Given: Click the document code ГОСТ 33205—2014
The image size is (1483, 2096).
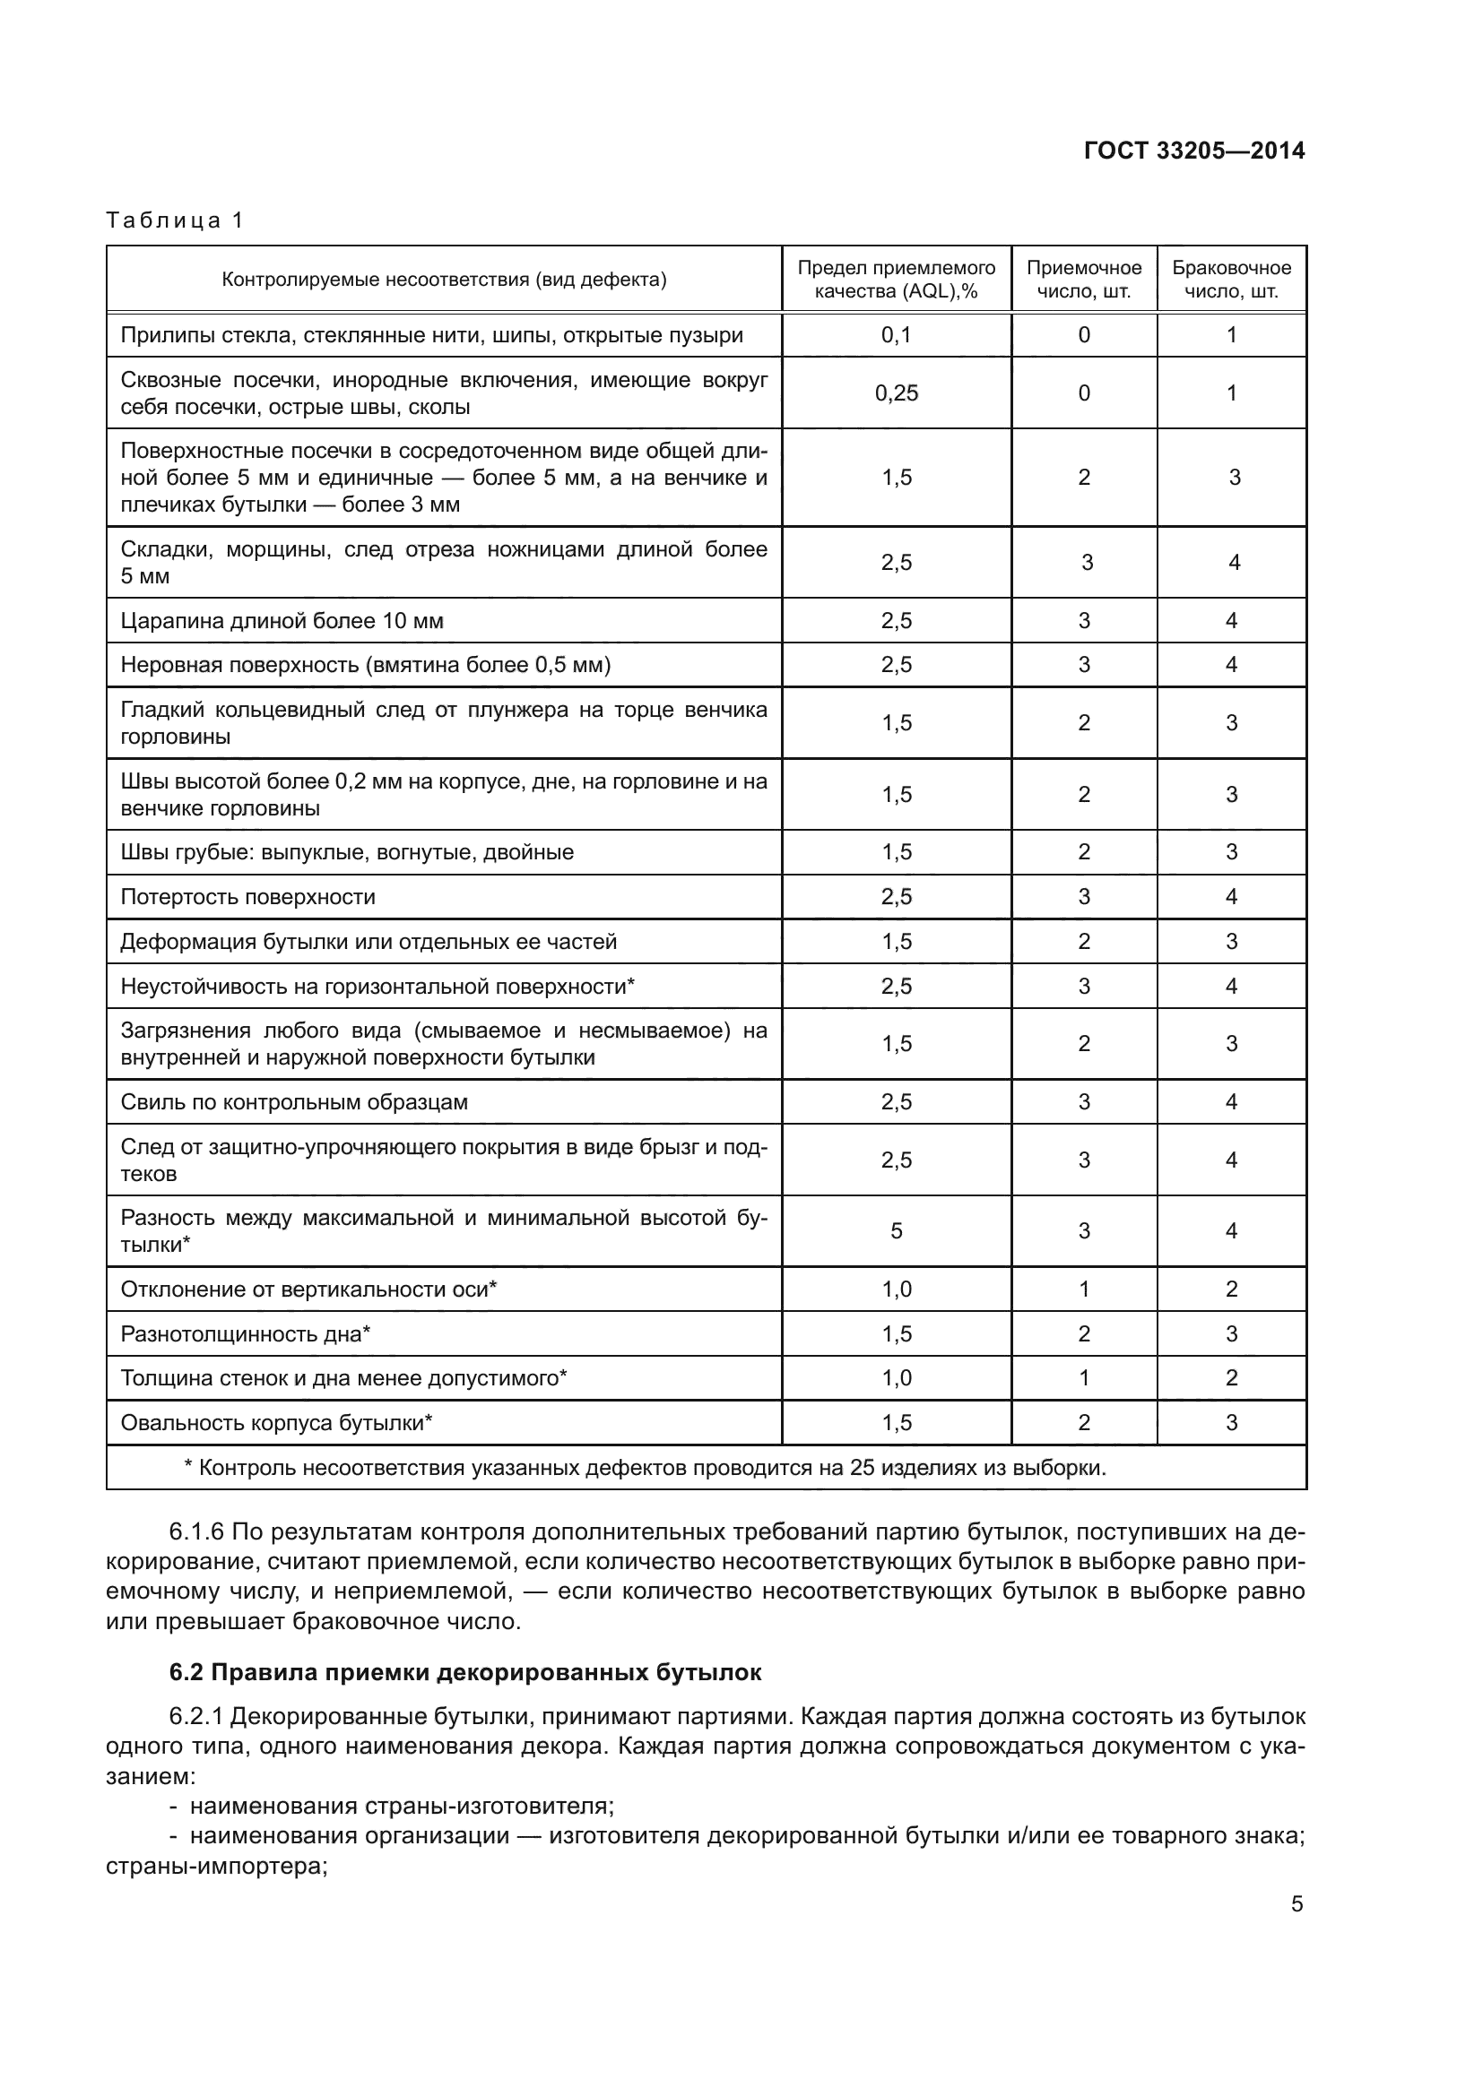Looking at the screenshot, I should (1193, 151).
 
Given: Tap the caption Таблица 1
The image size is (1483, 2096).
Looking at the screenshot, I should (175, 220).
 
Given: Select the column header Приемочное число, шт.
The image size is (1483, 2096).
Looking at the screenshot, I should (1083, 280).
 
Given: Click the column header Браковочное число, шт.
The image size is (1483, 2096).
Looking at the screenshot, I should (1231, 280).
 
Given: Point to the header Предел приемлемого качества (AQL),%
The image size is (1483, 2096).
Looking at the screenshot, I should (896, 280).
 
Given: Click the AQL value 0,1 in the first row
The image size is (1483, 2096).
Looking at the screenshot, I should (896, 335).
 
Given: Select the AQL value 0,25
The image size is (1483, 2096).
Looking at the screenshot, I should (896, 393).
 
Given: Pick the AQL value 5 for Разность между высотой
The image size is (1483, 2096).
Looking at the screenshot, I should (896, 1231).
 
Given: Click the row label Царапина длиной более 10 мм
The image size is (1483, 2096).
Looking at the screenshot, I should (282, 622).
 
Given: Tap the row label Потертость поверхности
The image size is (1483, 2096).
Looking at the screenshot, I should (247, 897).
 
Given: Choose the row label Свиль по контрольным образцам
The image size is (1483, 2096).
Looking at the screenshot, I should (294, 1103).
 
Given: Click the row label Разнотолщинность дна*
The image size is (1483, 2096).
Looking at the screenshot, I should (245, 1334).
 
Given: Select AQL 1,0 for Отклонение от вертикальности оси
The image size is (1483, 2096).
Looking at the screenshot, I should (896, 1290).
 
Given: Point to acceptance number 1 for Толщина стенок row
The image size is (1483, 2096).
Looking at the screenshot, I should (1083, 1378).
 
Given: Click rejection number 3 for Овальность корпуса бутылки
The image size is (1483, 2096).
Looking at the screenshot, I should (1231, 1423).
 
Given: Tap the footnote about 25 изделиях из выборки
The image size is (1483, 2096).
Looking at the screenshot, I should (645, 1468).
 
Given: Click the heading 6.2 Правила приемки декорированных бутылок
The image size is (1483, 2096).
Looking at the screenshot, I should (464, 1672).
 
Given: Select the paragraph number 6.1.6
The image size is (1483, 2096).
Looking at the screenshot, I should (196, 1531).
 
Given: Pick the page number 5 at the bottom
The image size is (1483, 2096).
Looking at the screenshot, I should (1297, 1904).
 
